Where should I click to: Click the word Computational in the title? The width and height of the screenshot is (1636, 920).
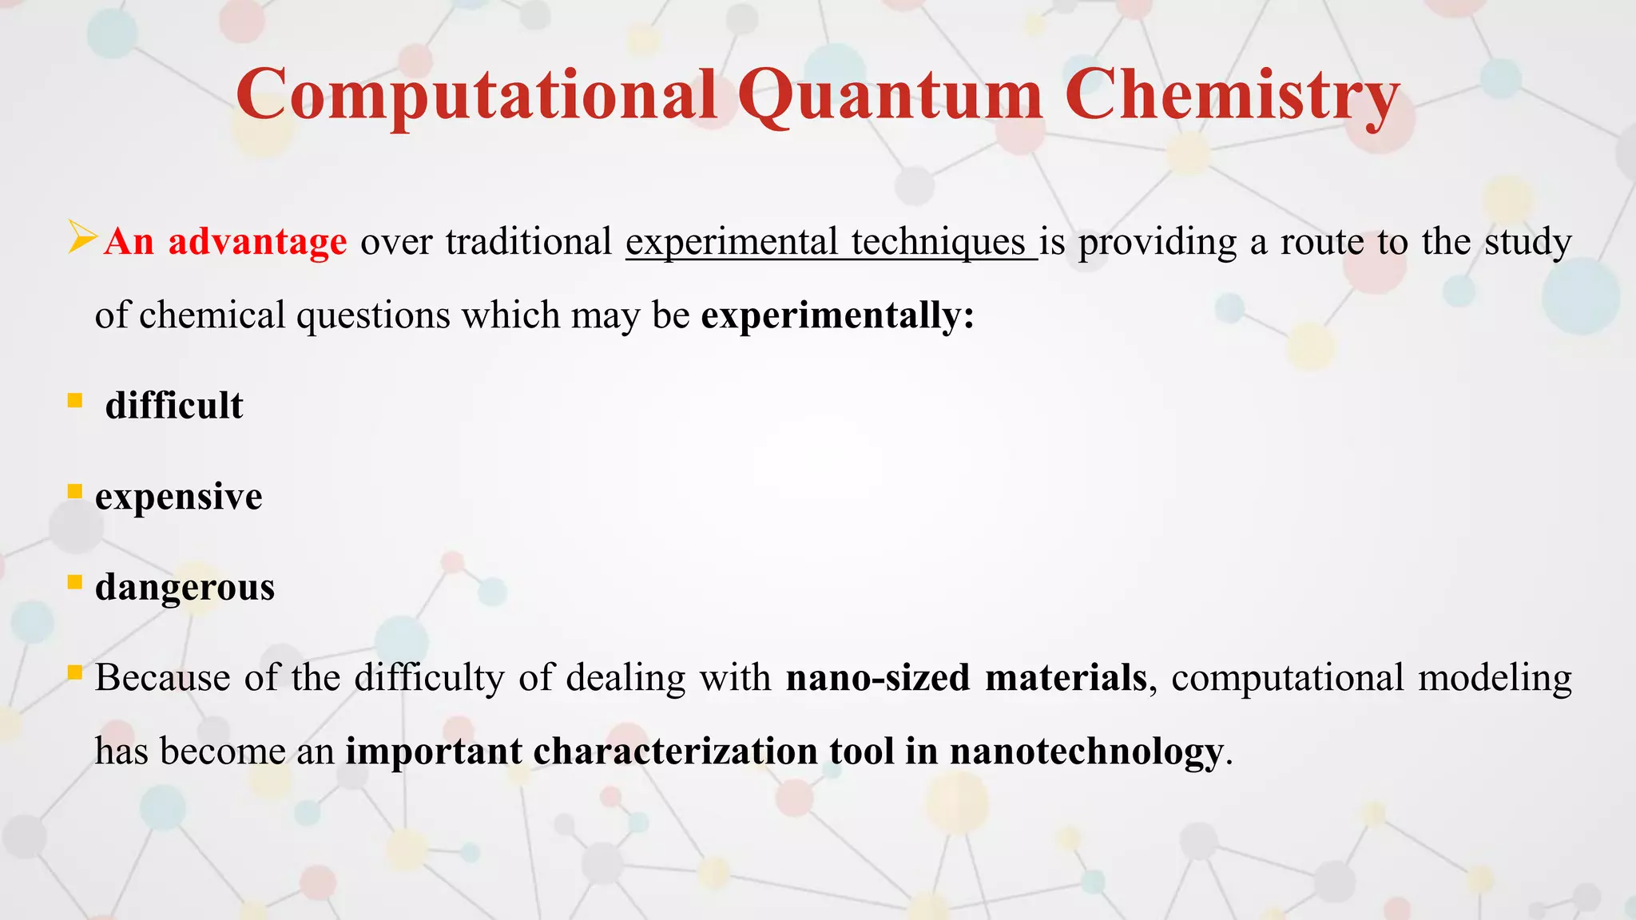point(476,96)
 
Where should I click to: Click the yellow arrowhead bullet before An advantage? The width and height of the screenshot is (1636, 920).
point(82,237)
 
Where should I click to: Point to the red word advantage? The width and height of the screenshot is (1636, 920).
point(257,241)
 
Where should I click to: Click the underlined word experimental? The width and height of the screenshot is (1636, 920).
point(732,242)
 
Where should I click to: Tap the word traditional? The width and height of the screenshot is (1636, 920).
point(529,241)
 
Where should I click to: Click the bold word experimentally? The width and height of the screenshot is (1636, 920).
point(838,315)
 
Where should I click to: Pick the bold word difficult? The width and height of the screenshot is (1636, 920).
point(174,406)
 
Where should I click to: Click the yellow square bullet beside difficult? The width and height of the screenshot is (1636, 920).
point(75,400)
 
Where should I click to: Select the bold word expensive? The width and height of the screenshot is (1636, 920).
point(178,497)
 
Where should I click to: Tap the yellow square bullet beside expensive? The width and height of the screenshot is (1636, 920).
point(75,491)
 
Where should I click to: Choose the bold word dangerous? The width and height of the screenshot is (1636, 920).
point(185,588)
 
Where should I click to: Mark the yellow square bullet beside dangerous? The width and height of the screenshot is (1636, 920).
point(75,582)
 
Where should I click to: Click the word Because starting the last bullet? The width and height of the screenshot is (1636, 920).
point(163,677)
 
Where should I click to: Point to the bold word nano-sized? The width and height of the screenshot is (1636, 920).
point(877,677)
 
